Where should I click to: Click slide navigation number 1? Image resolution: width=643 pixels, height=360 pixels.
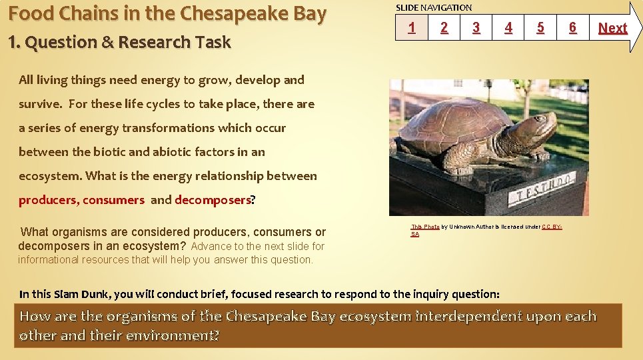point(412,28)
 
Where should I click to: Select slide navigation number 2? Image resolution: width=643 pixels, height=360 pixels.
point(444,28)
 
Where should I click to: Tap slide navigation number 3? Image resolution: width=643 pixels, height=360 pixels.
point(476,28)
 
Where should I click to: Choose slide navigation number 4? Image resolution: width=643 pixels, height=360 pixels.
point(508,28)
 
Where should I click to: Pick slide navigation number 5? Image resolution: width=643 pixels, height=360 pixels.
point(540,28)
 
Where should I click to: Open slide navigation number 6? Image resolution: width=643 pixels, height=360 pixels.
point(572,28)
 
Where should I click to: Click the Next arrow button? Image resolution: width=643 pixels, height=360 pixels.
point(613,28)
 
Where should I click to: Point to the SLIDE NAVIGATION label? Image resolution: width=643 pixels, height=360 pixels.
point(434,7)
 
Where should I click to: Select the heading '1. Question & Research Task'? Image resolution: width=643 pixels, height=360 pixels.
point(119,42)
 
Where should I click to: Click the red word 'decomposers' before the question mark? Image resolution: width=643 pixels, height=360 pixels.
point(213,200)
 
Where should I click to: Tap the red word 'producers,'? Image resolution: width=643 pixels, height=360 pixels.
point(49,200)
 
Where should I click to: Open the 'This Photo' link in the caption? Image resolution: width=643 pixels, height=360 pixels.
point(424,227)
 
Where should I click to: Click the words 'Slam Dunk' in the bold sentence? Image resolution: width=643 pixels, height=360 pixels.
point(82,294)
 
